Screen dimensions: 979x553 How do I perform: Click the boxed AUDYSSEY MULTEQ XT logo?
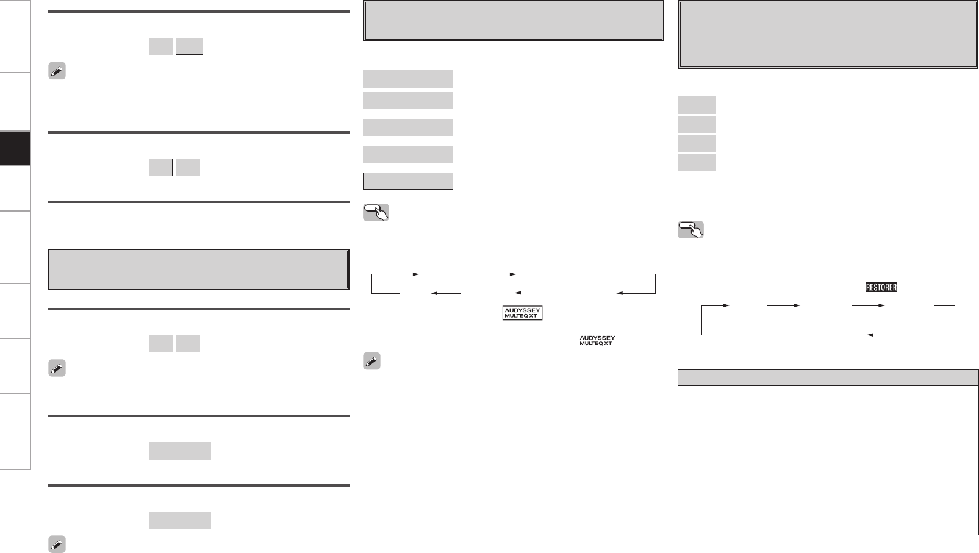tap(522, 313)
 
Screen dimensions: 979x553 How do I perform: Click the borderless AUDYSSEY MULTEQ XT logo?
tap(597, 341)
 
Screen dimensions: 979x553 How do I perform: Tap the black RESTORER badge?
tap(881, 287)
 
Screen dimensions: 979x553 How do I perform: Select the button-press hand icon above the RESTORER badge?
tap(690, 230)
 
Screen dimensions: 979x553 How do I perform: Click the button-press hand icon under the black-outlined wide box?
tap(376, 212)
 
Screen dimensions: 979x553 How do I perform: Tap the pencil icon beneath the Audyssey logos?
tap(372, 361)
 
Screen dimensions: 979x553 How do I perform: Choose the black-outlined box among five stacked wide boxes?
tap(408, 181)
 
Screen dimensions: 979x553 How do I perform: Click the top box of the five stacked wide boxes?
tap(408, 79)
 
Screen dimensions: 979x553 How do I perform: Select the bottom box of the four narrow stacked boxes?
tap(697, 162)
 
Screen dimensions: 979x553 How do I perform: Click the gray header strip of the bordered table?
tap(828, 377)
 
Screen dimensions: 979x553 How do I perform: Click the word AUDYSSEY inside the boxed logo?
tap(522, 309)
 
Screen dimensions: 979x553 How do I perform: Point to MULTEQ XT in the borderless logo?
tap(596, 344)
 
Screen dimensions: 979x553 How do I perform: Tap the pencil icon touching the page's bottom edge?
tap(57, 545)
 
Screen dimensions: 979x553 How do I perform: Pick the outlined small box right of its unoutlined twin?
tap(189, 46)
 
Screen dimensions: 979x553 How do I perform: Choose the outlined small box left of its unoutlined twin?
tap(160, 167)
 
